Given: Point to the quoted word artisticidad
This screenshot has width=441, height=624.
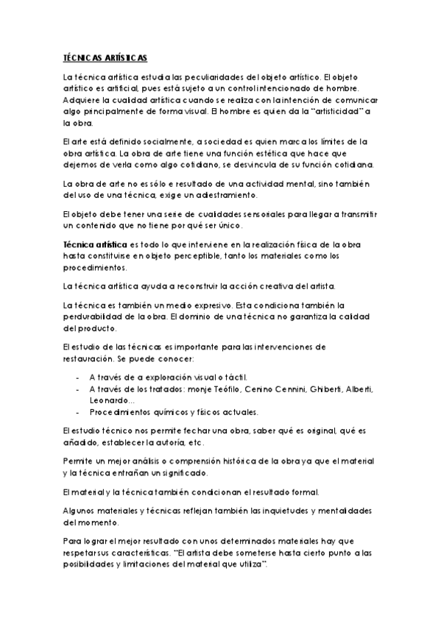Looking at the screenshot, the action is (337, 112).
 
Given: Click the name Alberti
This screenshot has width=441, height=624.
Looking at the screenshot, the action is (359, 389).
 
